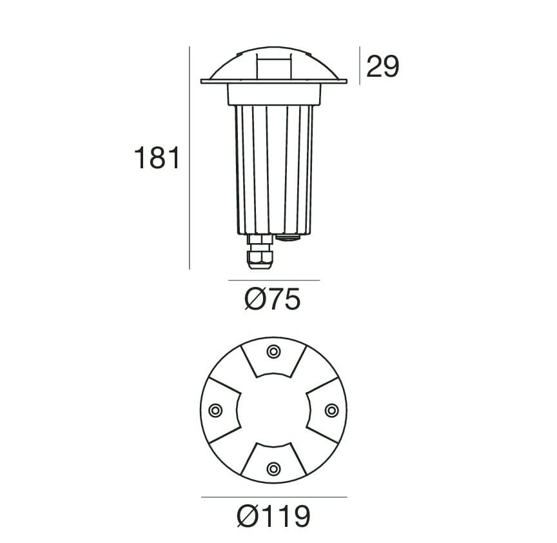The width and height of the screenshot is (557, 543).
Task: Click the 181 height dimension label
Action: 157,158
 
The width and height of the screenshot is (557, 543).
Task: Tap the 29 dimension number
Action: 382,66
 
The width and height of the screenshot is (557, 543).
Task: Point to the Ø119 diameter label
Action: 273,516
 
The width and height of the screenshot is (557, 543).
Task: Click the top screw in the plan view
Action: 273,352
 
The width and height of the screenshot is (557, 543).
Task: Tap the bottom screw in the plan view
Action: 273,469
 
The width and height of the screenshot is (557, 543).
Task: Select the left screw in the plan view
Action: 215,410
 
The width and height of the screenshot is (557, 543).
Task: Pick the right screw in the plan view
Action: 332,410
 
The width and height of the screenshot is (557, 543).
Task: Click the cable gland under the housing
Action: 260,252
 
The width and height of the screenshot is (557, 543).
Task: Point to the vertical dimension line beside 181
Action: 190,158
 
